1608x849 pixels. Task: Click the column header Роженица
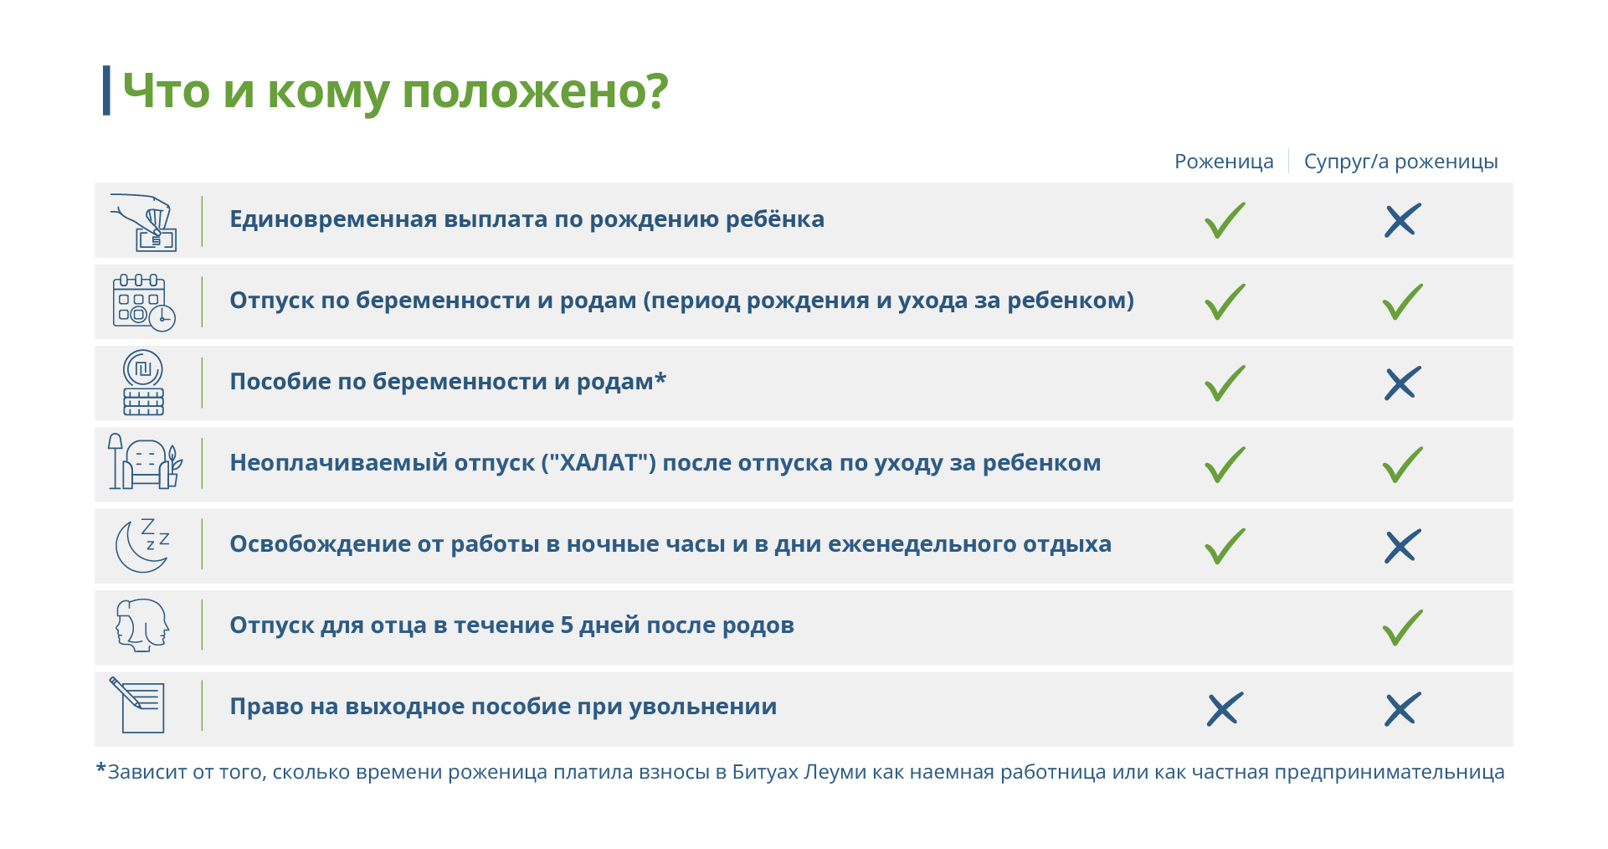click(x=1224, y=162)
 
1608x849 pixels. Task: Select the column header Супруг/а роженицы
click(x=1400, y=162)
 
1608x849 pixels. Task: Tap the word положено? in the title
click(x=535, y=90)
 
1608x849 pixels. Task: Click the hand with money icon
click(x=144, y=222)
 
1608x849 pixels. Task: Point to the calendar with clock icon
click(x=144, y=303)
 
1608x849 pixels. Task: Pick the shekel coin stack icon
click(x=143, y=383)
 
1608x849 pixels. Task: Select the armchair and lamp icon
click(x=144, y=461)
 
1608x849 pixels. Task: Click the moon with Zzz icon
click(x=143, y=545)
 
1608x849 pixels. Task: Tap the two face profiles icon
click(x=142, y=625)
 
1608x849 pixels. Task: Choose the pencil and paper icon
click(x=138, y=705)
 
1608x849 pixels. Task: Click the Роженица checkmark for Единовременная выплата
click(x=1225, y=220)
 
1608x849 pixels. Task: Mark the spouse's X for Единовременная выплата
click(x=1402, y=220)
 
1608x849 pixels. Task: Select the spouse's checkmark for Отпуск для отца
click(x=1402, y=628)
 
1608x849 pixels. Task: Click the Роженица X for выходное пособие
click(x=1225, y=709)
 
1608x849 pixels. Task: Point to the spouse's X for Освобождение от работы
click(x=1402, y=546)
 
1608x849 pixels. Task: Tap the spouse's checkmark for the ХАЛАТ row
click(x=1402, y=465)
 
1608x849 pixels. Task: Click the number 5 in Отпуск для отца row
click(x=567, y=625)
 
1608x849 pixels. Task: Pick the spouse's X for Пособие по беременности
click(x=1402, y=383)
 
